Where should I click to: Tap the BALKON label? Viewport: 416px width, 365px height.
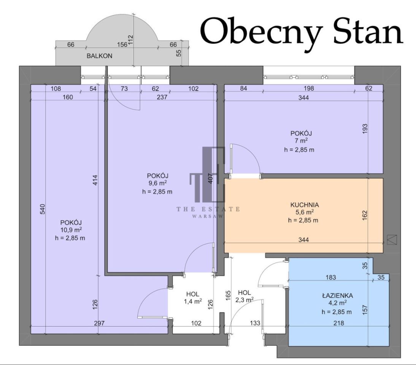pos(100,56)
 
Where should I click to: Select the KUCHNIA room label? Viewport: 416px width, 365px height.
pos(305,205)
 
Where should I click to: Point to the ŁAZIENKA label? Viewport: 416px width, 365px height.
pos(337,295)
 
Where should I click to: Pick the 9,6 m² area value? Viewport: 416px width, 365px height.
pos(157,183)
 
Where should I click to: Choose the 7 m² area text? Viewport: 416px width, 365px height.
pos(301,141)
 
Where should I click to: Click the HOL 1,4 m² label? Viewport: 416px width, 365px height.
pos(193,298)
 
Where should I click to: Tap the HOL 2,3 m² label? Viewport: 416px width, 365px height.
pos(245,296)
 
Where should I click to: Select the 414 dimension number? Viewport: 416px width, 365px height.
pos(95,180)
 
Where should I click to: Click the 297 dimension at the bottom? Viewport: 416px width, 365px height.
pos(99,323)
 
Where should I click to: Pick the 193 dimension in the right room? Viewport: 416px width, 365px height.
pos(365,129)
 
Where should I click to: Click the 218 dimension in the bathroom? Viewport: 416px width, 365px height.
pos(339,323)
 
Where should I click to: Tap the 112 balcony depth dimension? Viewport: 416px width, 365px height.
pos(130,40)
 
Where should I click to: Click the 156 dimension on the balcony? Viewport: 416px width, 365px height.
pos(122,44)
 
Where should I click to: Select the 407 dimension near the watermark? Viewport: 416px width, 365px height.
pos(210,179)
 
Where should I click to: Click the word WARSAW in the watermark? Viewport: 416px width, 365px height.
pos(208,216)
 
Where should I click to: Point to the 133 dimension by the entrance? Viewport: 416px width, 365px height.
pos(255,323)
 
